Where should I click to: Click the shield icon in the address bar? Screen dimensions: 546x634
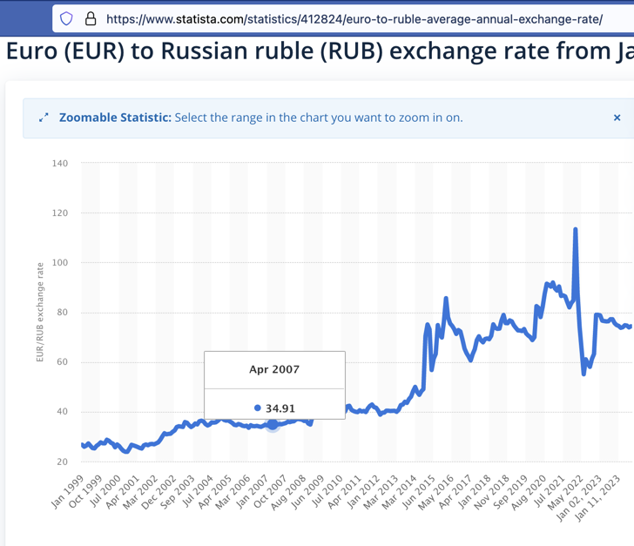click(67, 17)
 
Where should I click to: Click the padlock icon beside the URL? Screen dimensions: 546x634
click(90, 17)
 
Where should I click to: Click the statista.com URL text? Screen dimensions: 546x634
click(354, 18)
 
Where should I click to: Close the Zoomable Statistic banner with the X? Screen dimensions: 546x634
click(617, 118)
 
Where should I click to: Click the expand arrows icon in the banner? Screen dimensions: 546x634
click(44, 118)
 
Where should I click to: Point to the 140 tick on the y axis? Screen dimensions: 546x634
click(59, 163)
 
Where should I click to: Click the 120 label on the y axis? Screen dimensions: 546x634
click(59, 212)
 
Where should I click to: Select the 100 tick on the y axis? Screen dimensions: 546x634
click(59, 262)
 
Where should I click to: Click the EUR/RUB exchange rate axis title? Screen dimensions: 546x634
click(40, 312)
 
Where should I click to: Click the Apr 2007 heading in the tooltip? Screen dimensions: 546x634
click(273, 369)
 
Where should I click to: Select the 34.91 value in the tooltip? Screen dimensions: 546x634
click(280, 408)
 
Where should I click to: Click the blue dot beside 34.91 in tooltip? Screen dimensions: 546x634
click(258, 408)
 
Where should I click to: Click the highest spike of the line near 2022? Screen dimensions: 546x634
click(576, 230)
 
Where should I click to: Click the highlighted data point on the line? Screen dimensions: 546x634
click(273, 424)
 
